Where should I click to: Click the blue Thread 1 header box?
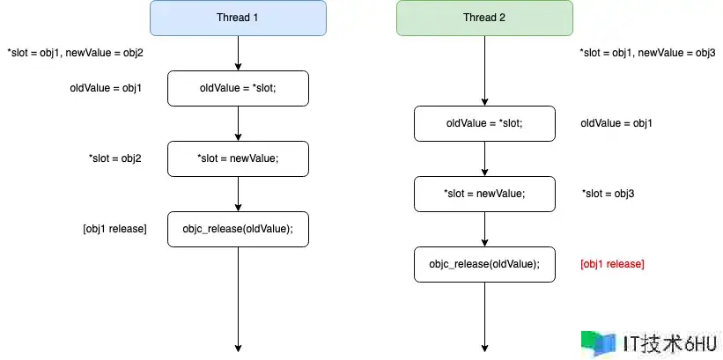point(238,18)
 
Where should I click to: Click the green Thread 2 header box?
point(484,18)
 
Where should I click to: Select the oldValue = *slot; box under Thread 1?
point(238,88)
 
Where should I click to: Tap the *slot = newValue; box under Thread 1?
point(238,158)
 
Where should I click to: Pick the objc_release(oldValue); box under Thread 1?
point(238,229)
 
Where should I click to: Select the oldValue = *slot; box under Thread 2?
point(484,123)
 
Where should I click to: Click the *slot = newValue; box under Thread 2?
point(484,194)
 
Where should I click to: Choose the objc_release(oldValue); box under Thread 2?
point(484,264)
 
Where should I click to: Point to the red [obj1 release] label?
point(612,264)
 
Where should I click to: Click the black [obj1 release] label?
point(114,229)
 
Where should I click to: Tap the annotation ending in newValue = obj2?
point(75,53)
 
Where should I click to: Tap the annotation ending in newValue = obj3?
point(647,53)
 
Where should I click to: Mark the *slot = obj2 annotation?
point(114,158)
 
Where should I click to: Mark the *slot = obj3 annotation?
point(609,194)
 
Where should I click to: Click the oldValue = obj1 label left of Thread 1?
point(106,88)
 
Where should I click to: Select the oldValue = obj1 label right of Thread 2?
point(616,123)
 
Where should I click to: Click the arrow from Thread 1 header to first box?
point(238,53)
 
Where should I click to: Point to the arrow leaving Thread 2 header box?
point(484,70)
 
